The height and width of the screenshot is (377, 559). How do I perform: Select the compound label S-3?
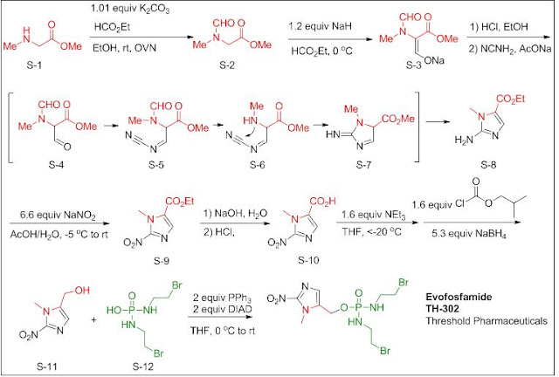coord(413,65)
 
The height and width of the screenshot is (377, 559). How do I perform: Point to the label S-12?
coord(142,366)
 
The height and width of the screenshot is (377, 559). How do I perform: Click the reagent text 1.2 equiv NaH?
coord(321,27)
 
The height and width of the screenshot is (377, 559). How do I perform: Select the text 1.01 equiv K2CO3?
coord(130,9)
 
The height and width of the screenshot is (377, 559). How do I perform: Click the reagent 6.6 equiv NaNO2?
coord(59,216)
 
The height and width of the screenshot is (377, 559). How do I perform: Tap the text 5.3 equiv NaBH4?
coord(469,234)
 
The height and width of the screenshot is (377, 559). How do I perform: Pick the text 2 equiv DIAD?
coord(223,308)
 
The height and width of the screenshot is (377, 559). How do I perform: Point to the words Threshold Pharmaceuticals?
coord(487,320)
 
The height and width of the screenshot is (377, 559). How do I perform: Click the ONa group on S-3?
coord(434,61)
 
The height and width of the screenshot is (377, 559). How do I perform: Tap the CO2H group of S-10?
coord(322,202)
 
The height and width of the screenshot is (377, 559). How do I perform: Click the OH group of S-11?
coord(82,291)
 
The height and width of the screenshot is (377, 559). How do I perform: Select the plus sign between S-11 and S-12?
coord(94,319)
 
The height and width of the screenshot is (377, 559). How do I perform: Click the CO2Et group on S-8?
coord(510,99)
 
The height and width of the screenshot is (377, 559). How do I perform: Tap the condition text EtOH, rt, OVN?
coord(124,47)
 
